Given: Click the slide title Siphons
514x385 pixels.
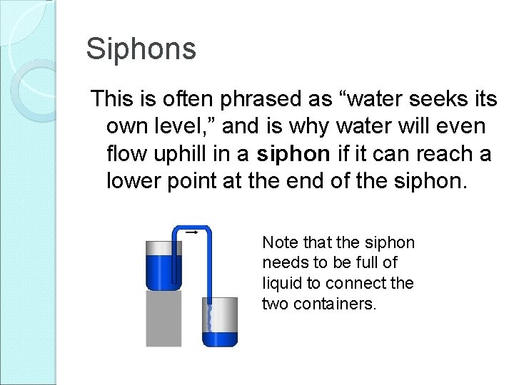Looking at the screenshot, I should click(x=141, y=49).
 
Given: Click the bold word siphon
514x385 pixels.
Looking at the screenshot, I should click(x=293, y=154).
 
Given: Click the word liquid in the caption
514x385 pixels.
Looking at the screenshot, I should click(x=283, y=284).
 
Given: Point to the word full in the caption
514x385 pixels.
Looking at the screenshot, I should click(x=383, y=263).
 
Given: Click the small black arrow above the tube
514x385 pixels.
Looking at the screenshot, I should click(x=191, y=232).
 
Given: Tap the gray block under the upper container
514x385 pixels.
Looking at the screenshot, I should click(x=163, y=317).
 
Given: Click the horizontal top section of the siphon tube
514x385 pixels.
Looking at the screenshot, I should click(x=191, y=229).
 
